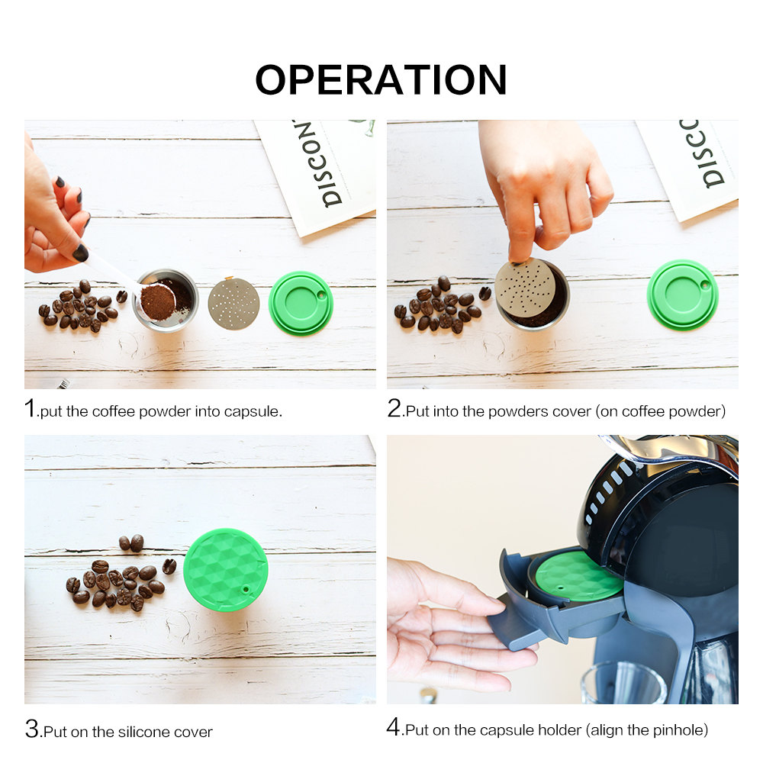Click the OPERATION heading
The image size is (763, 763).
(x=381, y=79)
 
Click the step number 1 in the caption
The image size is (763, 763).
(x=31, y=410)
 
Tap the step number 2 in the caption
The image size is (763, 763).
(x=394, y=410)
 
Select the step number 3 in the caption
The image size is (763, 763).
(x=32, y=729)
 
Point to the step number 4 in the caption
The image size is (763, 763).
(x=394, y=728)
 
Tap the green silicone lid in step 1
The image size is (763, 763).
(x=301, y=303)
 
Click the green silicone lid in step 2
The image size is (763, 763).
(x=683, y=295)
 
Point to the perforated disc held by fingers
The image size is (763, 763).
(x=526, y=284)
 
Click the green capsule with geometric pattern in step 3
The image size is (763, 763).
(x=225, y=569)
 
